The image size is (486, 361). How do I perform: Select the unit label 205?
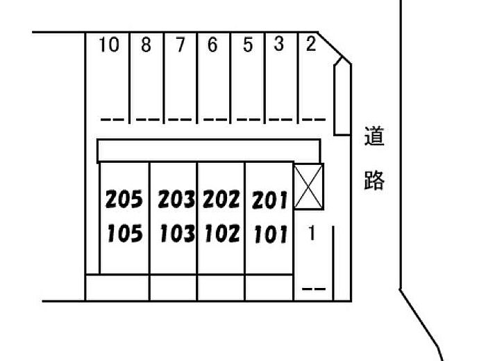coord(124,200)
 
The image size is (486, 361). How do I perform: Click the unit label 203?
coord(177,200)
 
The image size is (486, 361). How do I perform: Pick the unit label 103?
coord(177,234)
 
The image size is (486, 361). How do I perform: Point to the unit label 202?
coord(221,200)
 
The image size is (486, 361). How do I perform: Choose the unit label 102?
coord(221,234)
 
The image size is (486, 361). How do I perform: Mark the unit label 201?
coord(269,201)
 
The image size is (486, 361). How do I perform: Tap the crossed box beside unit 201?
coord(309,186)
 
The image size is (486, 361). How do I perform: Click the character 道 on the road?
coord(374,137)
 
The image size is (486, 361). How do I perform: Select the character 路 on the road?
coord(374,182)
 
